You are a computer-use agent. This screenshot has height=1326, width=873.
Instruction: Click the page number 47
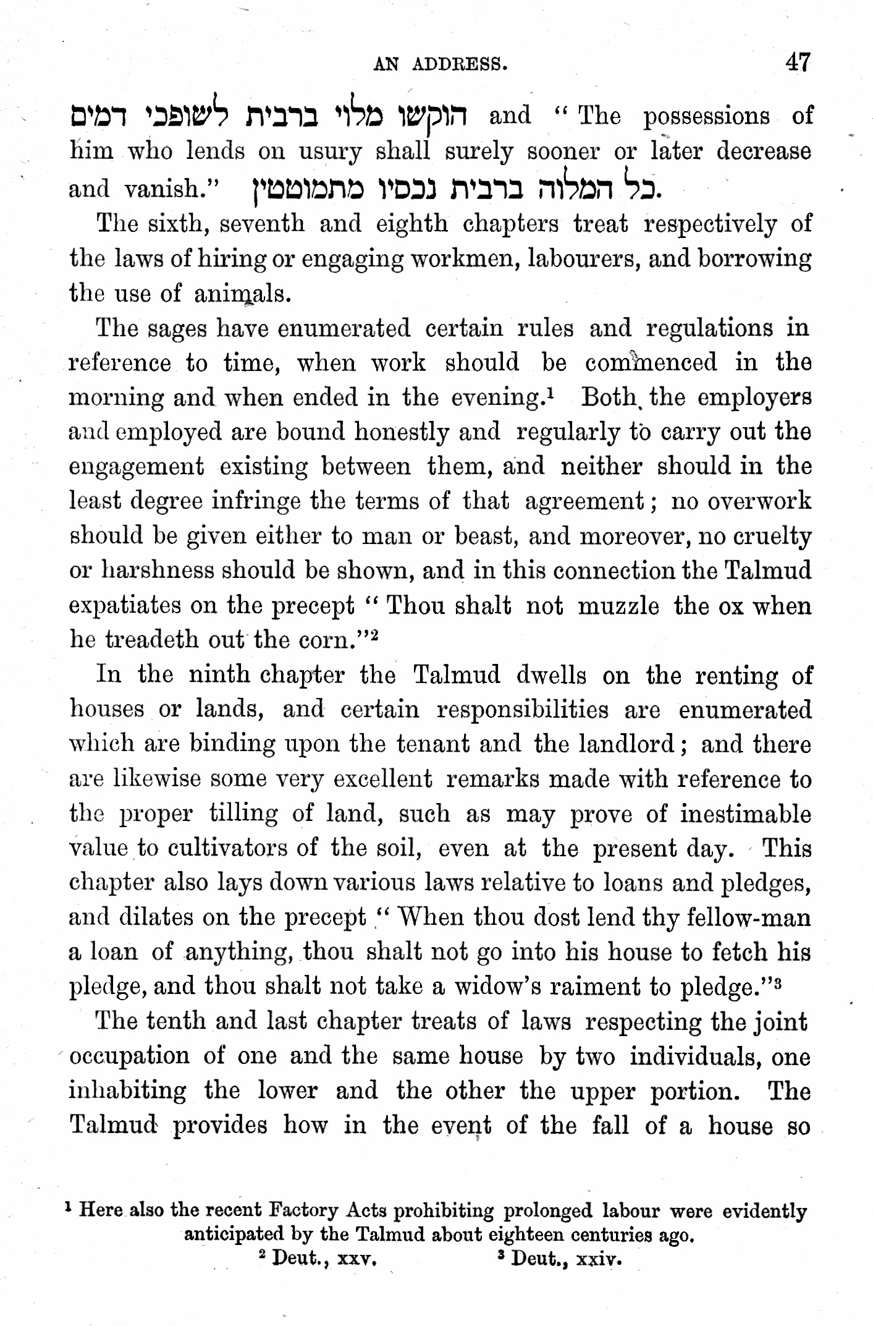pyautogui.click(x=796, y=62)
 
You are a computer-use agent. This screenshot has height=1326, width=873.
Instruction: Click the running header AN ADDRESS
pyautogui.click(x=441, y=64)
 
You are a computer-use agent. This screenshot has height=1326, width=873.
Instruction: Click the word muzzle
pyautogui.click(x=618, y=606)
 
